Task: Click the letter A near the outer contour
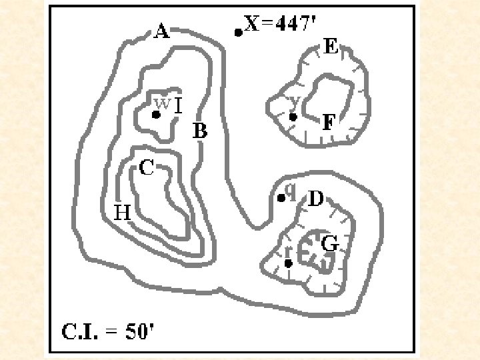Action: click(161, 31)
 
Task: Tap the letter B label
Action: click(200, 131)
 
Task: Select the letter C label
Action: click(147, 169)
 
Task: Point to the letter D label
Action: click(315, 199)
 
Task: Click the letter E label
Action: click(331, 47)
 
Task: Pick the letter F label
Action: click(329, 123)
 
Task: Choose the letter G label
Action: click(330, 245)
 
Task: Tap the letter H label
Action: click(122, 213)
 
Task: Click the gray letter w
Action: click(162, 104)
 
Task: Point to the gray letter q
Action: click(290, 191)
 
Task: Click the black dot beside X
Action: click(238, 32)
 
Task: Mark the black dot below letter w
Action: click(156, 115)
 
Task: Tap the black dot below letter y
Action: click(293, 117)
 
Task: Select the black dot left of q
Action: click(281, 198)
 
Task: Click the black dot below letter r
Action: click(288, 263)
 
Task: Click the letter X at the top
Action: click(252, 25)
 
